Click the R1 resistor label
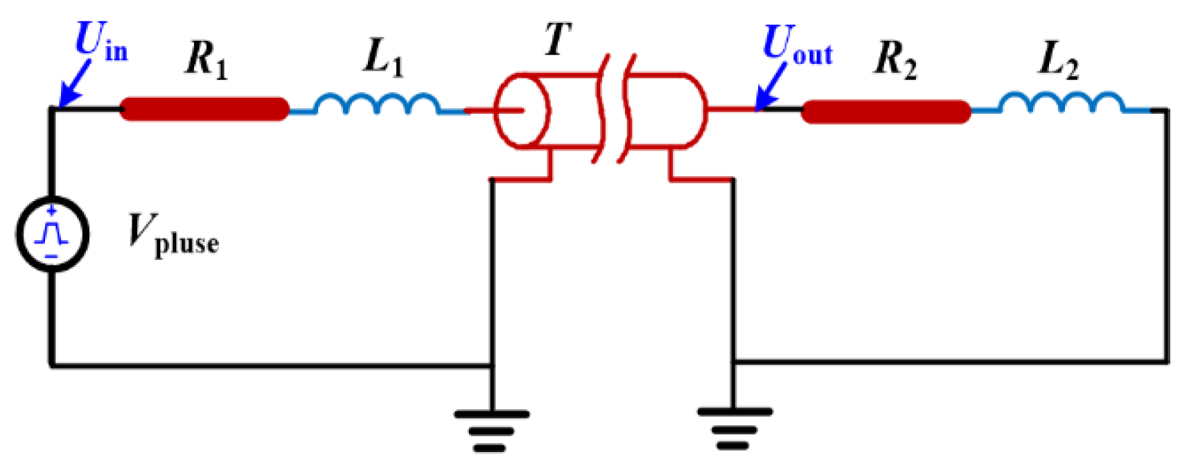[206, 59]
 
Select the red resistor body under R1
[204, 110]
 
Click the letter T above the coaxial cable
[557, 40]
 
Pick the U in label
[101, 42]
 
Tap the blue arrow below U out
[770, 87]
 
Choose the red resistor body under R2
[886, 112]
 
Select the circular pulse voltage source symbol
[52, 234]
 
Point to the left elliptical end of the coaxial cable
[522, 111]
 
